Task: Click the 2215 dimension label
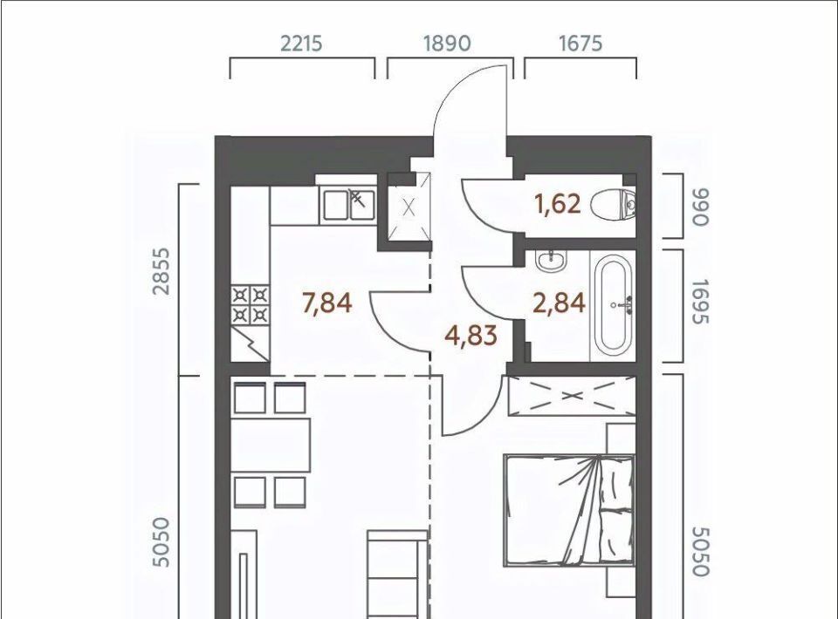coord(301,44)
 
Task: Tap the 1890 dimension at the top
coord(447,44)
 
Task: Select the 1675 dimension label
coord(580,44)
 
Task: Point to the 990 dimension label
coord(699,207)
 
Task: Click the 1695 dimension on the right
coord(699,302)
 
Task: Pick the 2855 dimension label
coord(161,271)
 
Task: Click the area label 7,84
coord(327,303)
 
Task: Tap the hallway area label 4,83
coord(471,337)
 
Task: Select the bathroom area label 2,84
coord(559,303)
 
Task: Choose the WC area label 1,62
coord(558,204)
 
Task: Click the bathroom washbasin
coord(551,261)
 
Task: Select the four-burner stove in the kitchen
coord(251,305)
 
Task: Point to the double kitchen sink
coord(348,205)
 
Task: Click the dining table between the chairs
coord(271,445)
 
